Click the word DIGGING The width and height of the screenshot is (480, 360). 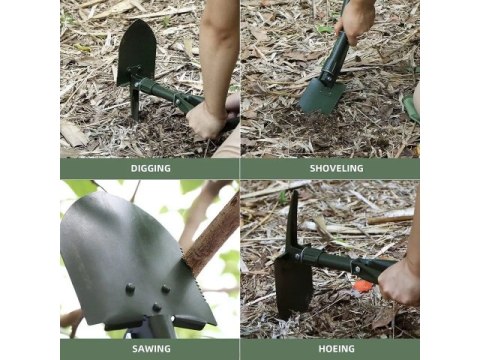coord(151,168)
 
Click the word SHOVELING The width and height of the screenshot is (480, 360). coord(337,168)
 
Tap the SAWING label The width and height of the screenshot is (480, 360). coord(151,349)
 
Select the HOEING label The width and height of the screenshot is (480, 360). coord(337,349)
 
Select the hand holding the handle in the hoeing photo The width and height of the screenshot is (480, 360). coord(399,282)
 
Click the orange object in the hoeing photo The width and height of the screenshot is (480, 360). coord(363,286)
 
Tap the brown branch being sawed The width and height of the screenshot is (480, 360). coord(212,235)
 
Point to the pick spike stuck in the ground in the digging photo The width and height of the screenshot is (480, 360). coord(135,103)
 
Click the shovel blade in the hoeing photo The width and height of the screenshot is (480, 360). coord(293,285)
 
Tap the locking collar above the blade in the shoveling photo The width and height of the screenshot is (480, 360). coord(328,76)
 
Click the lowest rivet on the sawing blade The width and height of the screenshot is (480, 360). coord(157,307)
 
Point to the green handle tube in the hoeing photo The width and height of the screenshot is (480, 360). coord(347,262)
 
